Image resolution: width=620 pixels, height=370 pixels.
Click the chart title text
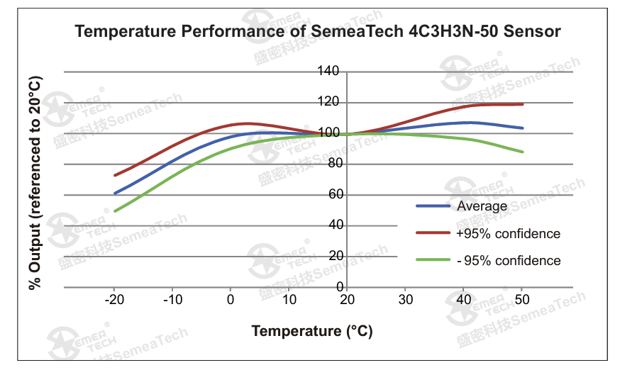tap(318, 31)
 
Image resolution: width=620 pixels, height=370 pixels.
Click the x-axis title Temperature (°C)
tap(311, 331)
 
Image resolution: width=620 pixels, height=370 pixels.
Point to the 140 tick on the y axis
tap(329, 71)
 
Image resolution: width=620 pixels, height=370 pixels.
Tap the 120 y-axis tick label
tap(329, 102)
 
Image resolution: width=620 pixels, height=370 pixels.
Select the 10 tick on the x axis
tap(289, 300)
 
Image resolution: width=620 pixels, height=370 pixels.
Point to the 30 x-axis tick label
tap(406, 300)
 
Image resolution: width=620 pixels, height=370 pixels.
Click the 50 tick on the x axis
tap(522, 300)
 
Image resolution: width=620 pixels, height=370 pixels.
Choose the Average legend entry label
tap(482, 206)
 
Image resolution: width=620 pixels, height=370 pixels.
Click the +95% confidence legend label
tap(509, 234)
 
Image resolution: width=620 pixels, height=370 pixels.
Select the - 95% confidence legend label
tap(509, 261)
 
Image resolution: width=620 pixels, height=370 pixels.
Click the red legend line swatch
tap(433, 233)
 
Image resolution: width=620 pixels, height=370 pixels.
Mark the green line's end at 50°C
tap(523, 152)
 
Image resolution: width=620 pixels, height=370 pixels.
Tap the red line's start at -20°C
tap(115, 175)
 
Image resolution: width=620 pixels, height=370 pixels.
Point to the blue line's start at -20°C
tap(115, 193)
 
